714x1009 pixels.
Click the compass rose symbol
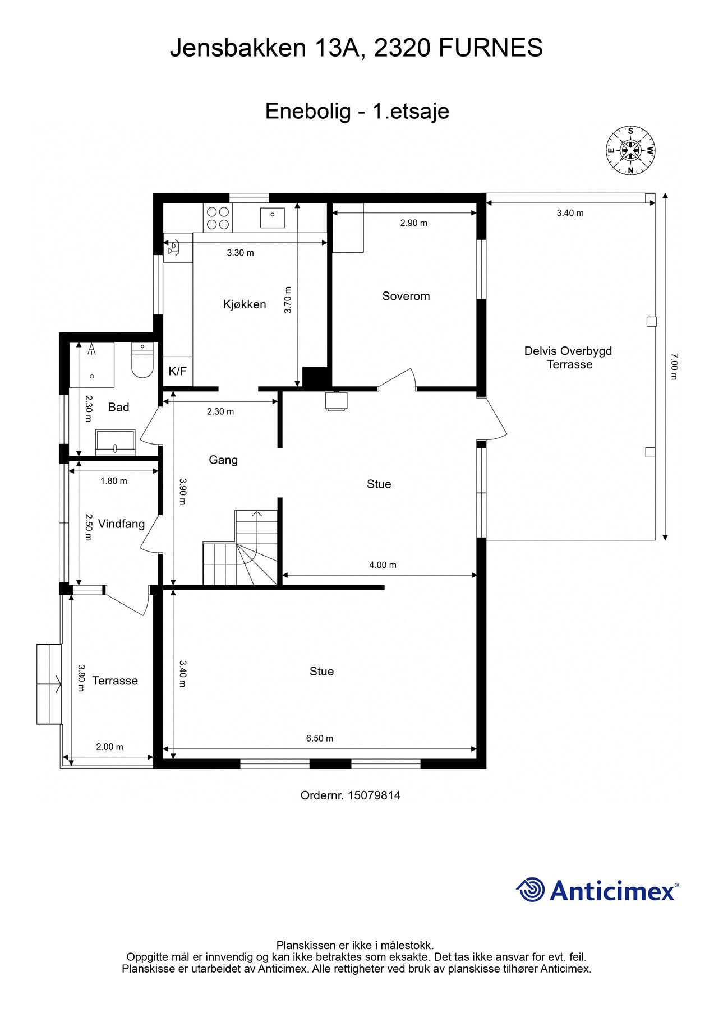pyautogui.click(x=630, y=150)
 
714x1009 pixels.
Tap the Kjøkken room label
pyautogui.click(x=245, y=304)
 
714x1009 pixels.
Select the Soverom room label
pyautogui.click(x=406, y=296)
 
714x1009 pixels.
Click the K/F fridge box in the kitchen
pyautogui.click(x=178, y=371)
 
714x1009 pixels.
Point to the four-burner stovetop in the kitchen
pyautogui.click(x=218, y=219)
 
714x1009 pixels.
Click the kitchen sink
pyautogui.click(x=273, y=218)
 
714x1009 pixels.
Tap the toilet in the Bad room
pyautogui.click(x=142, y=360)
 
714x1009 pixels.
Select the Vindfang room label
pyautogui.click(x=121, y=524)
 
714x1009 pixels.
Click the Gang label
pyautogui.click(x=223, y=460)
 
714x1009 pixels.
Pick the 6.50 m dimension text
pyautogui.click(x=320, y=738)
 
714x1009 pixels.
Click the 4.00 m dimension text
pyautogui.click(x=383, y=564)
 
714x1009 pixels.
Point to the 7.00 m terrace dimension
pyautogui.click(x=674, y=366)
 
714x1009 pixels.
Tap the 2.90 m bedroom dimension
pyautogui.click(x=414, y=223)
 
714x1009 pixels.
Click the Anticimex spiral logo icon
pyautogui.click(x=531, y=890)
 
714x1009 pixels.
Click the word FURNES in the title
pyautogui.click(x=491, y=48)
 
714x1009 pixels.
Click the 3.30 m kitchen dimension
pyautogui.click(x=240, y=253)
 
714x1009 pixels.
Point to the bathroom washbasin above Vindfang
pyautogui.click(x=116, y=442)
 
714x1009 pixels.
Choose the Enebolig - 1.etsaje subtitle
pyautogui.click(x=357, y=111)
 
